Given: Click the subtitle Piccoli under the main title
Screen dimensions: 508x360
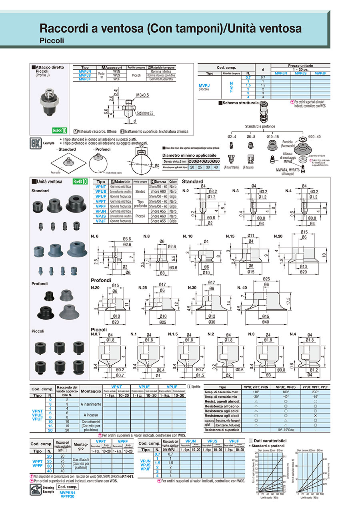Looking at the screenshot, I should tap(52, 40).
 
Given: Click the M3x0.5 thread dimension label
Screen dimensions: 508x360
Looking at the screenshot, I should tap(142, 95).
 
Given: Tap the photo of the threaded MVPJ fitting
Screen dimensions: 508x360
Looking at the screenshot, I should tap(48, 101).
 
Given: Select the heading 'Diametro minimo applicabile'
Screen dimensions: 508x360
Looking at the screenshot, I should tap(190, 155).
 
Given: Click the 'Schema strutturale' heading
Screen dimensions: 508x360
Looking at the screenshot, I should tap(238, 103).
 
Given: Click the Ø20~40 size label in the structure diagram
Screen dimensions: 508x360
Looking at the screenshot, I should tap(314, 137).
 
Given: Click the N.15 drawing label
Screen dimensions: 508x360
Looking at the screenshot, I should tap(231, 236).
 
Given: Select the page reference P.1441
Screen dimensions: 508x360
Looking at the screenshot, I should tap(128, 477).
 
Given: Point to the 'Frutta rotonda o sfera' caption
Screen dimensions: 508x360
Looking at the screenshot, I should tap(116, 173).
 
